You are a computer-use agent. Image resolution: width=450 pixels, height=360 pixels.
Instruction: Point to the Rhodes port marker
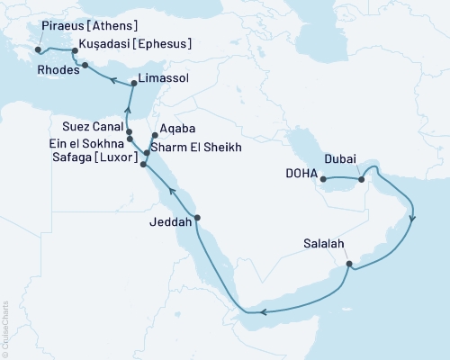coord(85,66)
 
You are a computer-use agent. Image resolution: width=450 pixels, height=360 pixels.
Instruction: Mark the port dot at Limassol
coord(133,84)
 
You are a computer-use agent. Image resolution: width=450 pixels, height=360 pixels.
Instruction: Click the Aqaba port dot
coord(155,137)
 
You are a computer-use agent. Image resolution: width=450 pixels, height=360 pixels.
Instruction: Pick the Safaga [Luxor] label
coord(97,157)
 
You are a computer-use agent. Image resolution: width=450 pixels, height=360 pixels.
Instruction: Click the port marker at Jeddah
coord(197,218)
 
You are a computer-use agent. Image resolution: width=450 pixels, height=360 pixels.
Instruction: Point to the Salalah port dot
coord(349,265)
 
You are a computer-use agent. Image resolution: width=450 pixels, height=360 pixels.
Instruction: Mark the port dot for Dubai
coord(360,179)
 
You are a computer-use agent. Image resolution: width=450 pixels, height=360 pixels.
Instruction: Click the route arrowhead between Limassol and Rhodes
coord(113,80)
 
